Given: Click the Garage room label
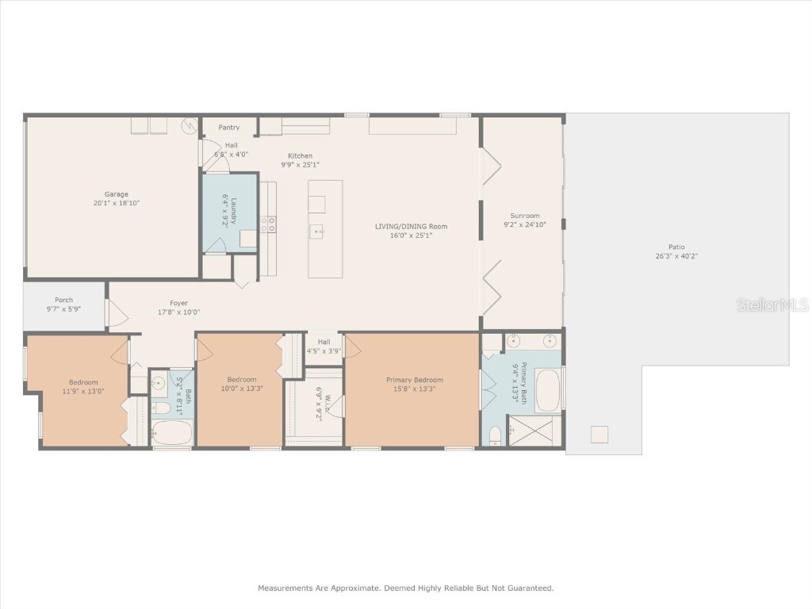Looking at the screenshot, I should point(117,194).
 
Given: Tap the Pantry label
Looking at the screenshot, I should point(229,128).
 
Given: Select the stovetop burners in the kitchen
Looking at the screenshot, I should point(269,224).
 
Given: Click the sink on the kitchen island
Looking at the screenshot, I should point(317,232).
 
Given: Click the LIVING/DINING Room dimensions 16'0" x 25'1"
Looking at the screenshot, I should point(411,235).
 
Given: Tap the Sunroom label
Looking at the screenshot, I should point(524,216).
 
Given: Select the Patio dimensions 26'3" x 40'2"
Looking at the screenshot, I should point(676,256).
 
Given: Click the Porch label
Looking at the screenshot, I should point(64,300).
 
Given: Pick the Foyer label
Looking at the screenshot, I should point(178,303).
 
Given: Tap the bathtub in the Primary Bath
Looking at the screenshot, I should point(548,389).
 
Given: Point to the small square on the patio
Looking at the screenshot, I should point(599,435).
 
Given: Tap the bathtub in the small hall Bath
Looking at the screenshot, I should point(171,434).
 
